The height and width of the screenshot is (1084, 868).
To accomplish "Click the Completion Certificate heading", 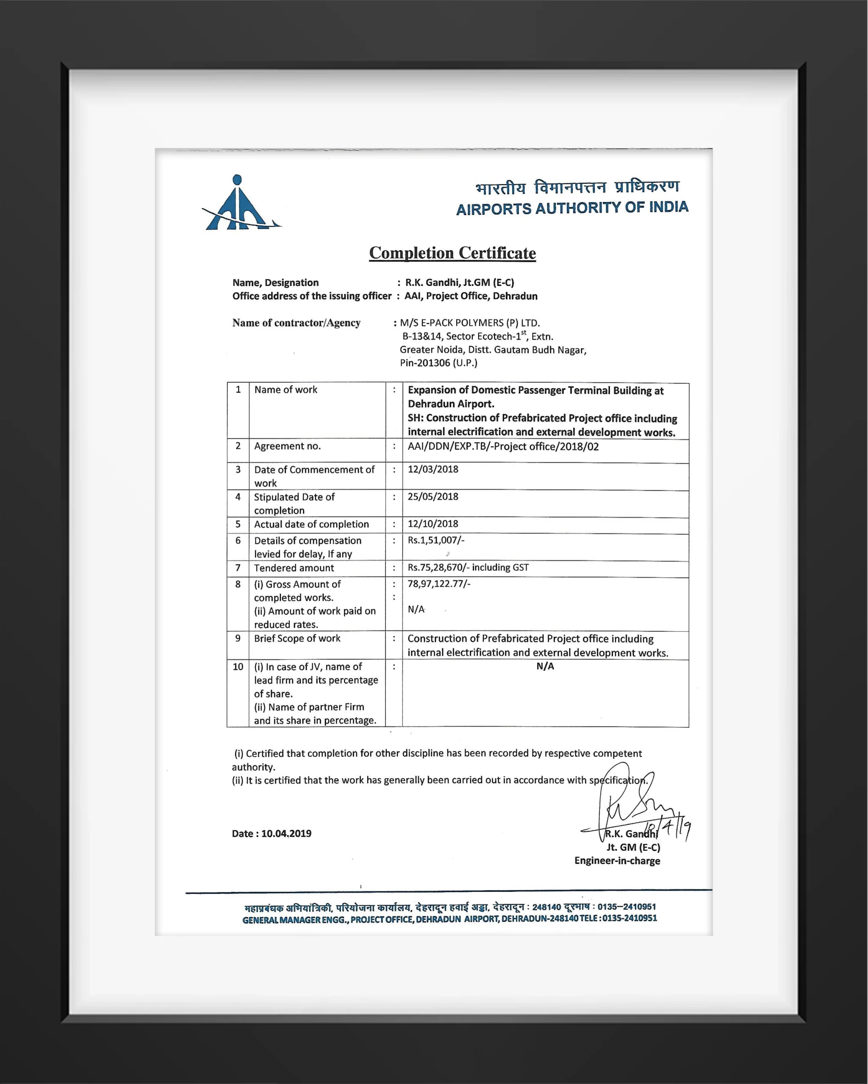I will pyautogui.click(x=452, y=253).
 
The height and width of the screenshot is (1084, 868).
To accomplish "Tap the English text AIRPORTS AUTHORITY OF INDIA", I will pyautogui.click(x=572, y=207).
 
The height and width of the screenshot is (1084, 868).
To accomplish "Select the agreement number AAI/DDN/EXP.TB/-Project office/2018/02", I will pyautogui.click(x=503, y=446).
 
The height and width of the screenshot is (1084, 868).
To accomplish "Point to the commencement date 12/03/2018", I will pyautogui.click(x=433, y=469).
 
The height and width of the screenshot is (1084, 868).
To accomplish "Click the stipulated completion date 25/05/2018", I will pyautogui.click(x=433, y=496).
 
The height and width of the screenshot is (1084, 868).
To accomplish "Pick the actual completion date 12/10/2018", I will pyautogui.click(x=433, y=523).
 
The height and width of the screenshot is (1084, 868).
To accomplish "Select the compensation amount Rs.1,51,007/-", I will pyautogui.click(x=436, y=540).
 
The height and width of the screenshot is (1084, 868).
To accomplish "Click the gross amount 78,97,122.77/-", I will pyautogui.click(x=439, y=584).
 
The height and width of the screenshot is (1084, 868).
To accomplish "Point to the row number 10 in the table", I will pyautogui.click(x=238, y=666).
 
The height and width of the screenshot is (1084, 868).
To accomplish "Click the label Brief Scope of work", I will pyautogui.click(x=297, y=638).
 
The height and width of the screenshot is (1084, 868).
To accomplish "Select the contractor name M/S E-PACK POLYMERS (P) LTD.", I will pyautogui.click(x=470, y=323).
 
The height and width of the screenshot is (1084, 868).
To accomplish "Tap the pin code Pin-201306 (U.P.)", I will pyautogui.click(x=438, y=362).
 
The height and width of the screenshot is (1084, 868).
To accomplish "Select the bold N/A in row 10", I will pyautogui.click(x=545, y=666).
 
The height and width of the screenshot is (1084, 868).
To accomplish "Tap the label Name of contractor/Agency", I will pyautogui.click(x=296, y=323).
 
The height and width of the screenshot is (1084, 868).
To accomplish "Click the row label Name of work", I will pyautogui.click(x=286, y=390).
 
